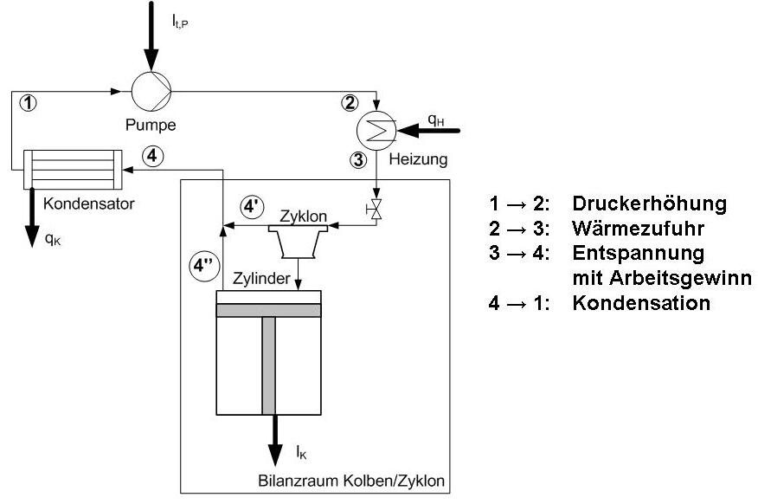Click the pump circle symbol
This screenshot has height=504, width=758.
pos(151,88)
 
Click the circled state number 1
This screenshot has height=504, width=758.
pos(29,103)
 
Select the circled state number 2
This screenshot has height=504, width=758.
pos(350,103)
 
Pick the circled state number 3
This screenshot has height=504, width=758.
pos(358,159)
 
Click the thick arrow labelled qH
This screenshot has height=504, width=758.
pos(434,130)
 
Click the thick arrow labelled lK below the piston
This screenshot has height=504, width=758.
pos(274,442)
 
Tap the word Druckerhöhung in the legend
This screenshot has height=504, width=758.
pos(647,204)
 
